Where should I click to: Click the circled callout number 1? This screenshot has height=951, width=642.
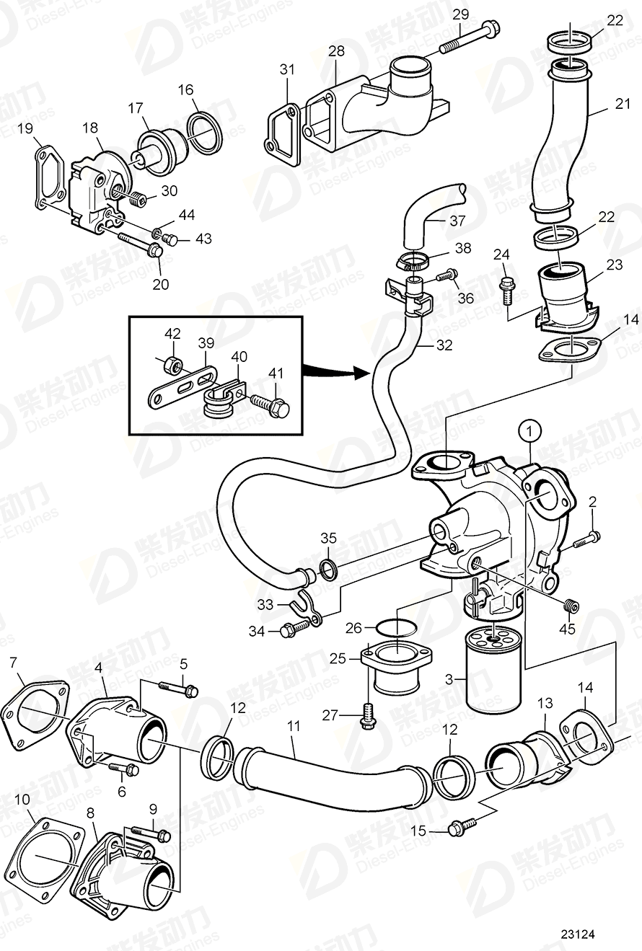[x=530, y=431]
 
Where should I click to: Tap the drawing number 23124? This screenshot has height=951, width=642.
[x=579, y=934]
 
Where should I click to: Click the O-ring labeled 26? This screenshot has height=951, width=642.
[x=396, y=627]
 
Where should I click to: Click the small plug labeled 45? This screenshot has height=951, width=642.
[x=571, y=606]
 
